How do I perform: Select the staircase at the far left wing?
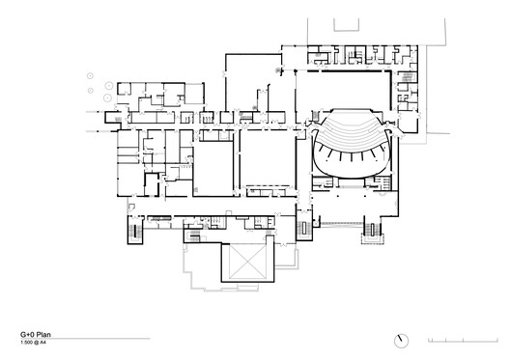pyautogui.click(x=133, y=235)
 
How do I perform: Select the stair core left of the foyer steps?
pyautogui.click(x=305, y=229)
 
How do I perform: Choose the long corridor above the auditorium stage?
pyautogui.click(x=348, y=70)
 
